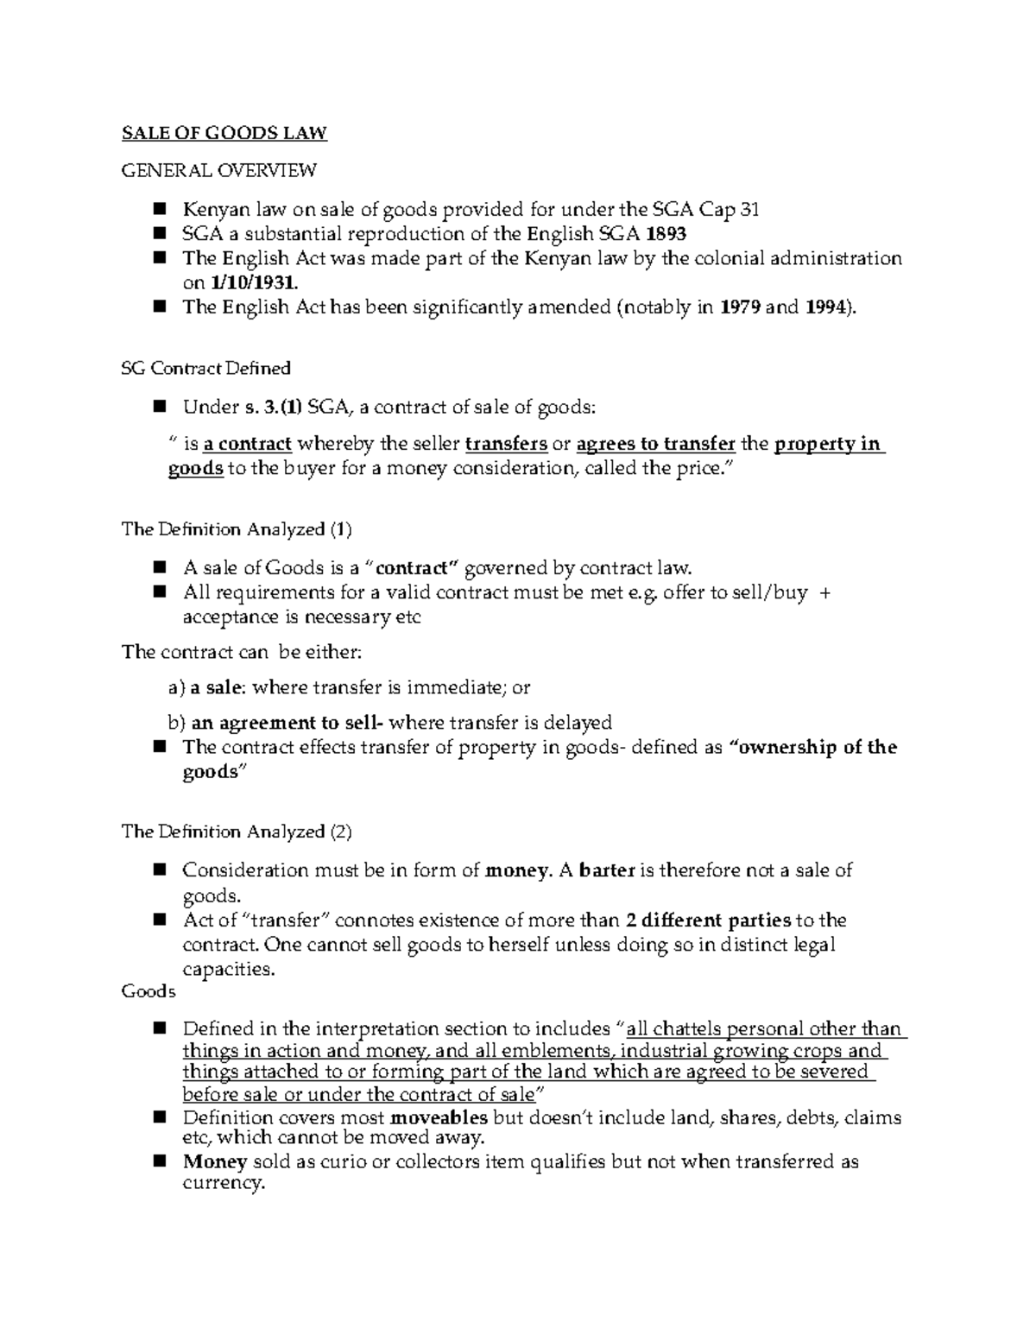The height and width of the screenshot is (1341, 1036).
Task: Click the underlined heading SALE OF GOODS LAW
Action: tap(224, 133)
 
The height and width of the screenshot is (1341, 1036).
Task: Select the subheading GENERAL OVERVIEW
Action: tap(218, 170)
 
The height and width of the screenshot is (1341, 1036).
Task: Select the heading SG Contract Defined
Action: tap(205, 369)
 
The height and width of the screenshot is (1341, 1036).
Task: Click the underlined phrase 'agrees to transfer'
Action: tap(655, 445)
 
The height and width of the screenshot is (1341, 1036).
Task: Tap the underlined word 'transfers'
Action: tap(506, 445)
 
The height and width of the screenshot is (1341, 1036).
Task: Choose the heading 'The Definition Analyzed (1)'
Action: tap(237, 529)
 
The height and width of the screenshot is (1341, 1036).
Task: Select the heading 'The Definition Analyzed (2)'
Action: tap(237, 832)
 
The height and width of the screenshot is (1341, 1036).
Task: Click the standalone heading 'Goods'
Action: tap(148, 991)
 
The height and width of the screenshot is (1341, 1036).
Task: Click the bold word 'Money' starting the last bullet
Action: tap(215, 1161)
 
